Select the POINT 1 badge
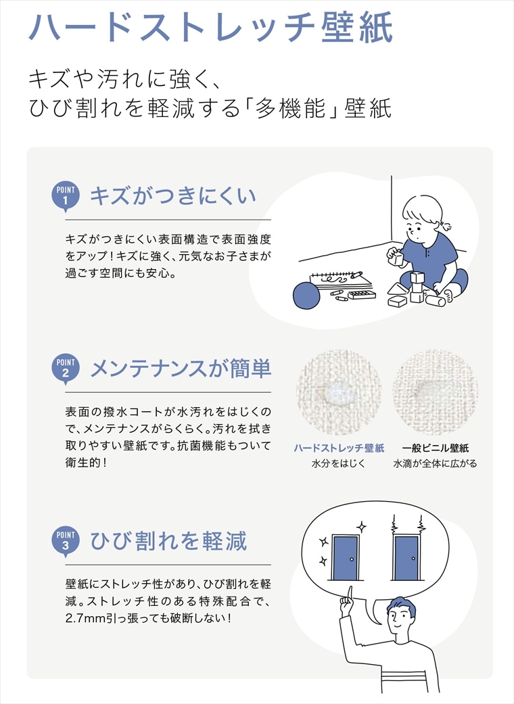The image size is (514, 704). (x=66, y=196)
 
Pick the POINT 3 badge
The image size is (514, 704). (x=66, y=540)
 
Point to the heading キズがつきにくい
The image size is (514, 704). (x=173, y=196)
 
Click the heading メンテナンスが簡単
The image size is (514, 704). (x=181, y=369)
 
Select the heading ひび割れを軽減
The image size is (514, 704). (x=168, y=541)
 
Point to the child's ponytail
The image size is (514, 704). (x=448, y=223)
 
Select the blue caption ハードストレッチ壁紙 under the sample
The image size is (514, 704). (x=339, y=448)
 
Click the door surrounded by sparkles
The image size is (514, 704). (x=345, y=557)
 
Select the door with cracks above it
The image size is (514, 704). (x=406, y=557)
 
